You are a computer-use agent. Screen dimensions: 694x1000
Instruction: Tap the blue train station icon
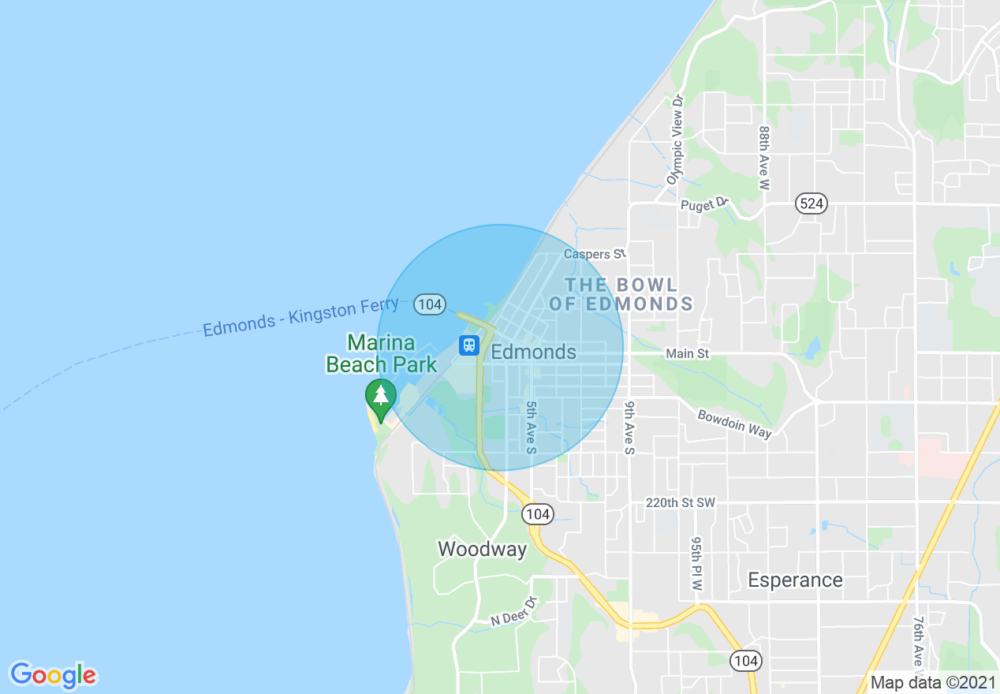[x=469, y=345]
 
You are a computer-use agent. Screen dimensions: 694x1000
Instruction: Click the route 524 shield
[x=812, y=203]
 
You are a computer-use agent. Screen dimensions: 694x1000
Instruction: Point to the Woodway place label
[x=482, y=549]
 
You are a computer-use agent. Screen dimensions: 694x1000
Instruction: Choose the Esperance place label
[x=795, y=580]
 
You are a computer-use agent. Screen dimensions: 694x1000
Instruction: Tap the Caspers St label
[x=595, y=254]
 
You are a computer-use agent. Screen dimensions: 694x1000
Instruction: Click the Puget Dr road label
[x=704, y=205]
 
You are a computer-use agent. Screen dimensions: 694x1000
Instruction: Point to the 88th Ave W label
[x=763, y=157]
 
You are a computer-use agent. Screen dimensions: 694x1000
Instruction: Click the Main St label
[x=687, y=354]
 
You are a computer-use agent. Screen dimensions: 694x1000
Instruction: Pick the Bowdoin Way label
[x=734, y=423]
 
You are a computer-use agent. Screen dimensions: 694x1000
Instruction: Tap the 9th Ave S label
[x=629, y=427]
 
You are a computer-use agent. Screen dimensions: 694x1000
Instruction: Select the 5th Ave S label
[x=531, y=427]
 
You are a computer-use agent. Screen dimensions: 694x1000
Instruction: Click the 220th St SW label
[x=680, y=502]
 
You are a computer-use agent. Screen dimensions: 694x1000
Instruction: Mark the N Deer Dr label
[x=513, y=611]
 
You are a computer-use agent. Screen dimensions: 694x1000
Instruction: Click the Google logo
[x=53, y=675]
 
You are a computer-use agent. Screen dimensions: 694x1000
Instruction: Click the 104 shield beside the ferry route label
[x=430, y=304]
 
